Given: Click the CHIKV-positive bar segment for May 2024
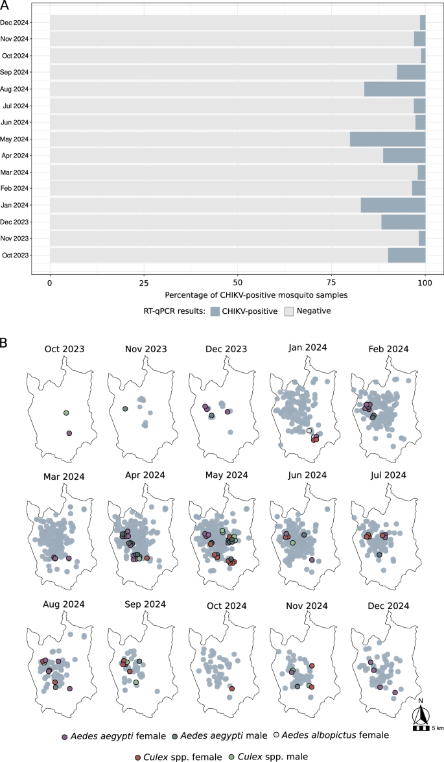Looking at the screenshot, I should point(388,139).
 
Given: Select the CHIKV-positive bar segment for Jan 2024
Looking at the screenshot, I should point(393,205).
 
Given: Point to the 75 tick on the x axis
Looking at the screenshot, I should point(331,283).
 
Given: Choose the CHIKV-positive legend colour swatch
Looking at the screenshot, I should point(217,311).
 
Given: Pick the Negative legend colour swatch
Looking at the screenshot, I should point(290,311).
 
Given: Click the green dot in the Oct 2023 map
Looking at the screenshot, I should point(66,413).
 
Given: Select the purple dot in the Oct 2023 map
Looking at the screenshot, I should point(69,433).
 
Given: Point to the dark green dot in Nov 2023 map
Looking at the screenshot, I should point(125,409).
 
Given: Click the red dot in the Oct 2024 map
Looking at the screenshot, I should point(231,689).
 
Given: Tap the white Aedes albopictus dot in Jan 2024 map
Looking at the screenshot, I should point(309,431).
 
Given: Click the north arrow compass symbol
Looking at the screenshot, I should point(421,713).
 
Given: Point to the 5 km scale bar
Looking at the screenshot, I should point(420,728).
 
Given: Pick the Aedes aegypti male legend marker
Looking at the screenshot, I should point(176,735).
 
